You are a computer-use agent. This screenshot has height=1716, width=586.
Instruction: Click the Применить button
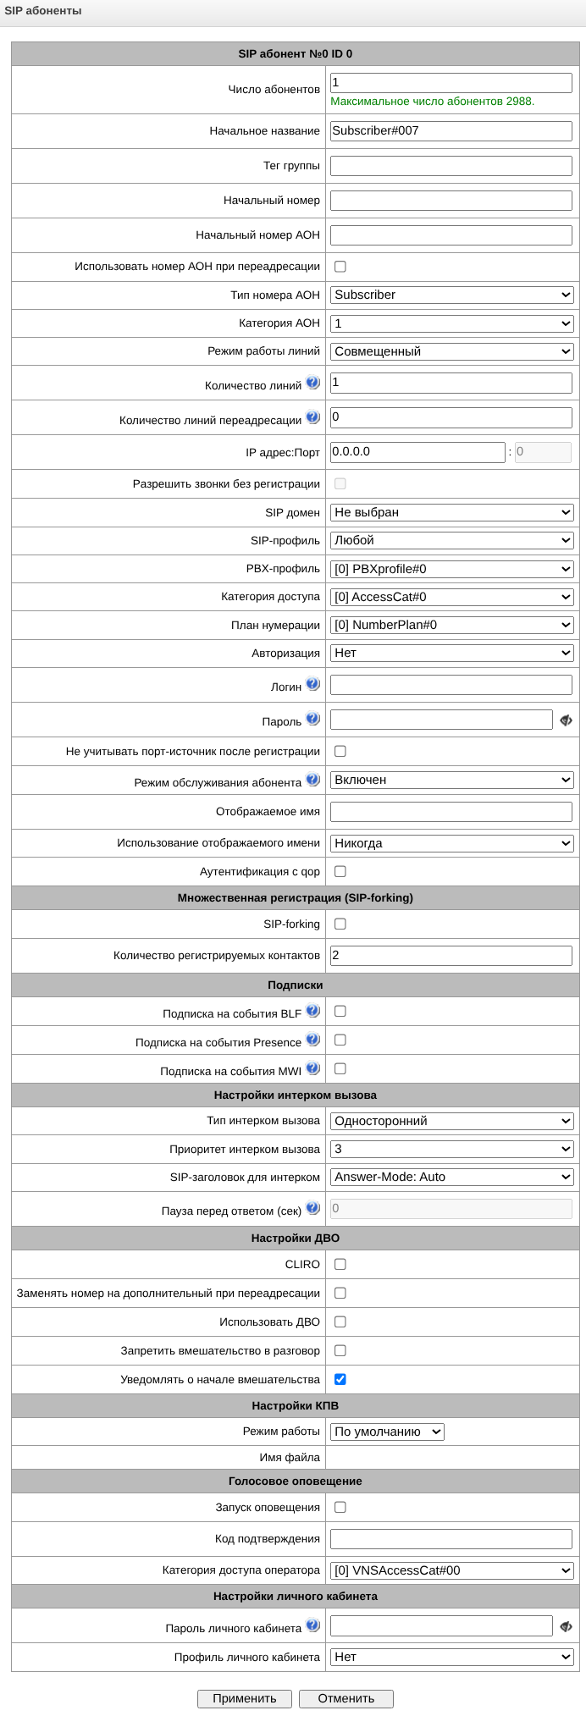(x=244, y=1698)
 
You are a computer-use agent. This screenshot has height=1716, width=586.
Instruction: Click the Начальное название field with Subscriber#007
(x=451, y=131)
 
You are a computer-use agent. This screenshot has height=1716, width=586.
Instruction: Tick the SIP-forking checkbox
(x=340, y=924)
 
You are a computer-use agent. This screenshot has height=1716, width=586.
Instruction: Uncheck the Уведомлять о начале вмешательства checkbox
(x=340, y=1379)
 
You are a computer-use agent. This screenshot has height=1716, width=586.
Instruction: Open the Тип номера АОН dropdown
(x=451, y=295)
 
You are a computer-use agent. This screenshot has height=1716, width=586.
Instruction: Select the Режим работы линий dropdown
(x=451, y=351)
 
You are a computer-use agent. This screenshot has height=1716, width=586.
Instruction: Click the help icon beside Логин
(x=313, y=684)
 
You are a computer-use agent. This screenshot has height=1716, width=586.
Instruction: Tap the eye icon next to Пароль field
(x=566, y=720)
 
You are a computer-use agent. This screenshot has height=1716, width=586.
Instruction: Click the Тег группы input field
(x=451, y=166)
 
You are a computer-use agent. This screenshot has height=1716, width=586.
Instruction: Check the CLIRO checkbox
(x=340, y=1264)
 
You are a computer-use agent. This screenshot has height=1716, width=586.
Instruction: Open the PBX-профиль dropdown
(x=451, y=569)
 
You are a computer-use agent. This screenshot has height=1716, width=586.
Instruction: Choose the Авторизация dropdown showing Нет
(x=451, y=653)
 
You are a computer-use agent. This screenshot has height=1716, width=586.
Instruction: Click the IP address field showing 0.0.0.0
(x=417, y=452)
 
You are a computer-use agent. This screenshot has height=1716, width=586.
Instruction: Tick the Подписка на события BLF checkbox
(x=340, y=1012)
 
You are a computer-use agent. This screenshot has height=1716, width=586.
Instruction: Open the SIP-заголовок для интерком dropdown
(x=451, y=1177)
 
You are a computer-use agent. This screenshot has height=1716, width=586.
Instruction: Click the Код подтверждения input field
(x=451, y=1539)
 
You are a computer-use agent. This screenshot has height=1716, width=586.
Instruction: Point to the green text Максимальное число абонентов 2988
(x=432, y=102)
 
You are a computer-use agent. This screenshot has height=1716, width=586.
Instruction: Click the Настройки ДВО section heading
(x=295, y=1238)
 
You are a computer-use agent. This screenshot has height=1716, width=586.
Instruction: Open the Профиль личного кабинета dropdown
(x=451, y=1657)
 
